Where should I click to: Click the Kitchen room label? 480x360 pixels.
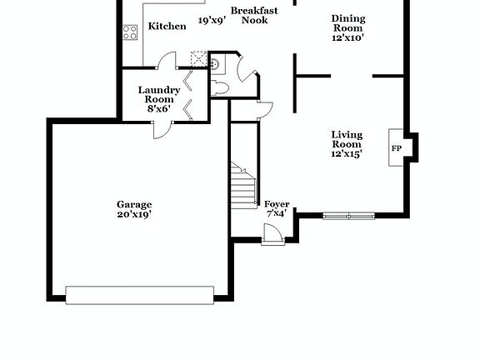[167, 26]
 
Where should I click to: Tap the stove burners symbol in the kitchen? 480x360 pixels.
[131, 32]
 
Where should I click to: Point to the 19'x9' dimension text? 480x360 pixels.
[212, 21]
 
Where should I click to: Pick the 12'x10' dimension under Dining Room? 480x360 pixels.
[347, 37]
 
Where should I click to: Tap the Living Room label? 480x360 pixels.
[347, 139]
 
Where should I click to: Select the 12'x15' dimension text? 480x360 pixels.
[347, 153]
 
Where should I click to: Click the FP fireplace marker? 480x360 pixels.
[397, 148]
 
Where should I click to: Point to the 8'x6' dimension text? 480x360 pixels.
[159, 108]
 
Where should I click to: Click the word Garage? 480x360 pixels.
[134, 204]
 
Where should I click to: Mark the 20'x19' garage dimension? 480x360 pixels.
[134, 214]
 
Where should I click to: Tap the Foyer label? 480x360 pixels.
[277, 204]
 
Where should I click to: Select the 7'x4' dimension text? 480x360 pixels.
[277, 214]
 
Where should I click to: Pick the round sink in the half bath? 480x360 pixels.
[214, 62]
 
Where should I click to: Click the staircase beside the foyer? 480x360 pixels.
[242, 183]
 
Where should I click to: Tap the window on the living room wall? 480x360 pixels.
[349, 216]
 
